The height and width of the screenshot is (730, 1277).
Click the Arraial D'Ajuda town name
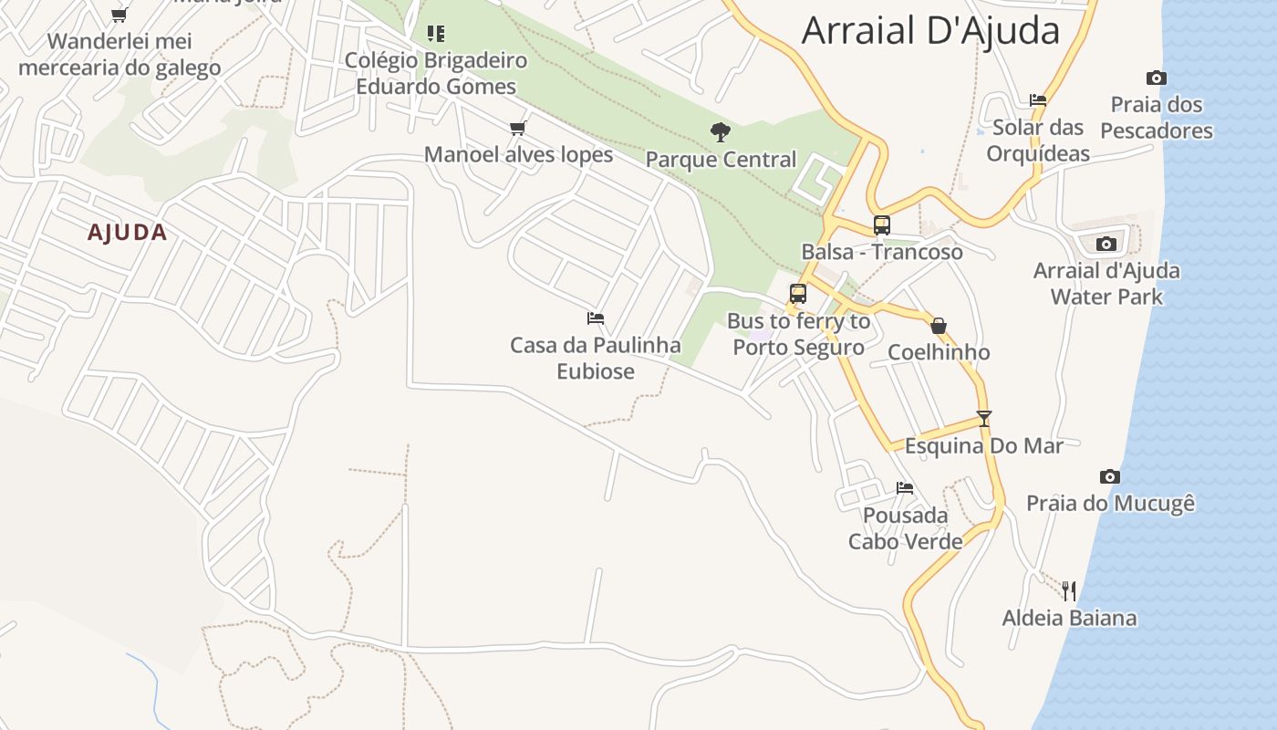[x=930, y=30]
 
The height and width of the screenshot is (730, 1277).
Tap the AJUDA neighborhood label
[x=128, y=233]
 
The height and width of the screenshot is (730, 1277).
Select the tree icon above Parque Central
[x=721, y=132]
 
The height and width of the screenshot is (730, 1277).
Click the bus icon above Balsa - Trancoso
[x=881, y=224]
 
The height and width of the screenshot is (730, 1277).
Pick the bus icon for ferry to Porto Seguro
[x=798, y=294]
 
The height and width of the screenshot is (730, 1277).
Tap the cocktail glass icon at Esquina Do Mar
[x=983, y=419]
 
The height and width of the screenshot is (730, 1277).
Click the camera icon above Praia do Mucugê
[x=1109, y=476]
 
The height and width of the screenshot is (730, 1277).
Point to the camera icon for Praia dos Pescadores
[x=1156, y=78]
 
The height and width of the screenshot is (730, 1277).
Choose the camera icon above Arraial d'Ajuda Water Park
[x=1106, y=244]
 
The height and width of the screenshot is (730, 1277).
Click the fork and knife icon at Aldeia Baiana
[x=1069, y=590]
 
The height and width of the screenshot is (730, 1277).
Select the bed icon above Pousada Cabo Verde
[x=905, y=488]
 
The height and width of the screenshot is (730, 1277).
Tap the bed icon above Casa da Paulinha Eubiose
[x=596, y=318]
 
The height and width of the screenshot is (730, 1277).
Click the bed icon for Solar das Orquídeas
[x=1037, y=100]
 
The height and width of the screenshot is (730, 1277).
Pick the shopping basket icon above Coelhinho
[x=939, y=326]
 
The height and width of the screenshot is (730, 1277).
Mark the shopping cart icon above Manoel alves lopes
[x=518, y=128]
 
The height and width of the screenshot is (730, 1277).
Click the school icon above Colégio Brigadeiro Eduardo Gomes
[x=436, y=34]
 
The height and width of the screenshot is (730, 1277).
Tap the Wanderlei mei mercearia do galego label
[x=119, y=54]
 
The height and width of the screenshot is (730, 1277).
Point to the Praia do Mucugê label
[x=1110, y=503]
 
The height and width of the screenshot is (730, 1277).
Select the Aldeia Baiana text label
[x=1069, y=618]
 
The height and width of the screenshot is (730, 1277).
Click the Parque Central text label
[x=721, y=160]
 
